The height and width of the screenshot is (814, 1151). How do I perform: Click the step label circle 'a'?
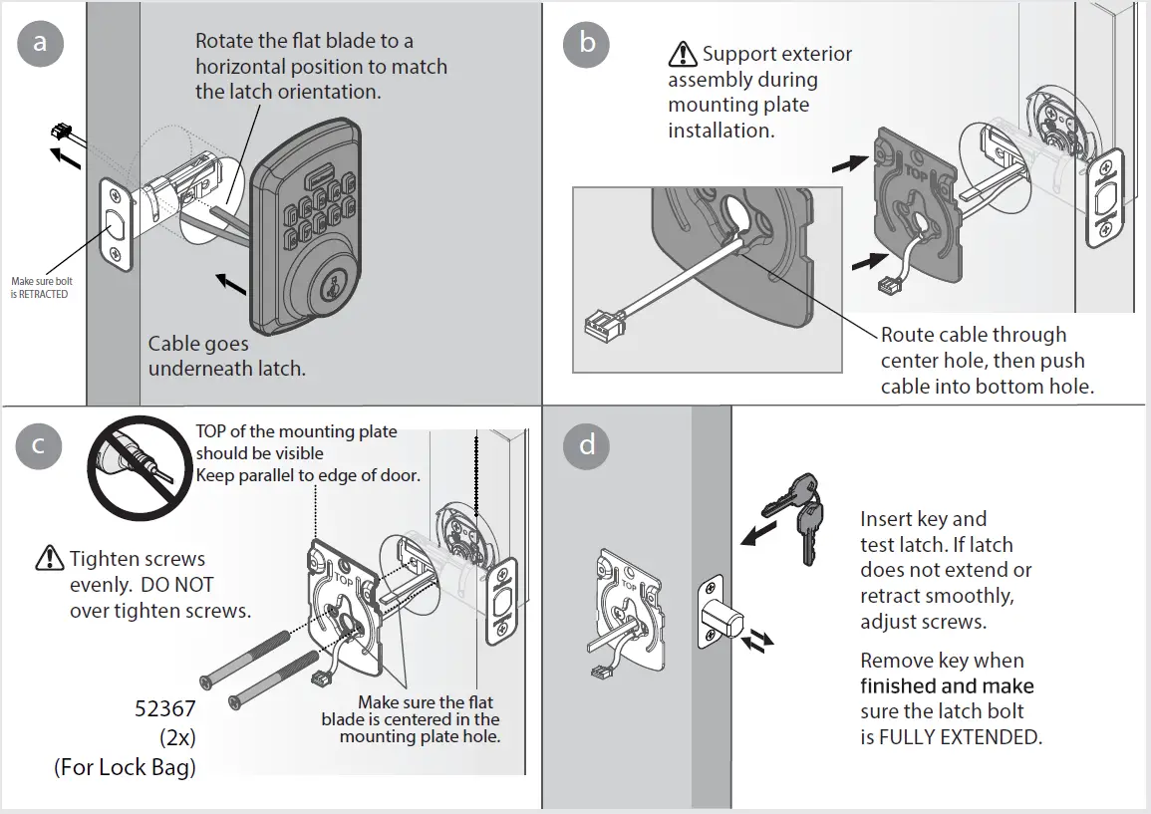click(40, 43)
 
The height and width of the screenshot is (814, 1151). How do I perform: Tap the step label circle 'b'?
click(587, 43)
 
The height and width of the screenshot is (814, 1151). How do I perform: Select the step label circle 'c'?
click(40, 445)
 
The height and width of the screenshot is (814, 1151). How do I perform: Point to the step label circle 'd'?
click(587, 444)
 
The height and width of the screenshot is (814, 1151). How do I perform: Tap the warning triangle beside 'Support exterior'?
click(683, 53)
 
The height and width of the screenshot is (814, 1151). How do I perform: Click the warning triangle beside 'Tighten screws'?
click(49, 559)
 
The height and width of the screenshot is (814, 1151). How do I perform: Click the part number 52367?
click(165, 710)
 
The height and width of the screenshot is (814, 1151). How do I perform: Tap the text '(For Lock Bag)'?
click(125, 768)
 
